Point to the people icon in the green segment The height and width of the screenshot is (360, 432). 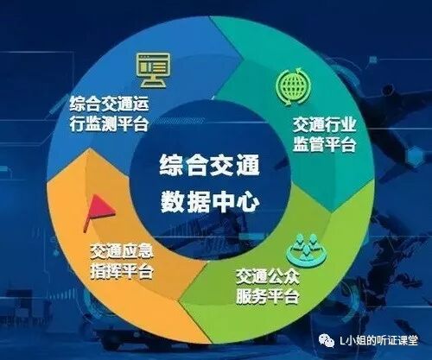coord(303,245)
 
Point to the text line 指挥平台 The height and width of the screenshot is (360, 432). coord(120,273)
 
